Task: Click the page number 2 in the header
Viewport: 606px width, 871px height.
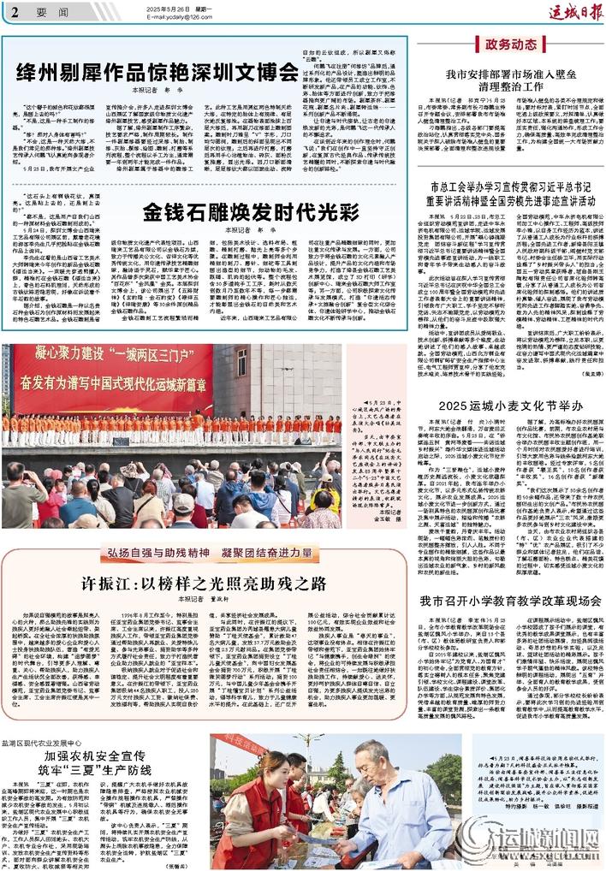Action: tap(15, 12)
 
